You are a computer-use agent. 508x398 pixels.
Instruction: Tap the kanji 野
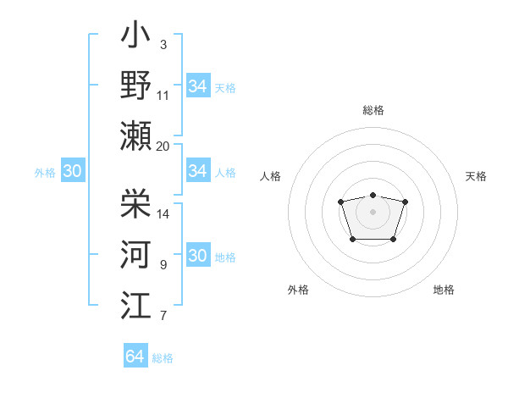click(x=136, y=86)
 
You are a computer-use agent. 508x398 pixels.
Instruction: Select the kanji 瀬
click(x=136, y=135)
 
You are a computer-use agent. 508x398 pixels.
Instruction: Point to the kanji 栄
click(x=136, y=204)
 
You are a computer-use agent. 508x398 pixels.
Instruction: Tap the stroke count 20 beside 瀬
click(x=163, y=146)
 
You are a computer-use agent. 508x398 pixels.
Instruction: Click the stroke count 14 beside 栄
click(x=163, y=214)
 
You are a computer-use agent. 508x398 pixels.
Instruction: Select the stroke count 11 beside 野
click(x=163, y=95)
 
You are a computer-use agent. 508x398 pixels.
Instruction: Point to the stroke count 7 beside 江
click(x=163, y=317)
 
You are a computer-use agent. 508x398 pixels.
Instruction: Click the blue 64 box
click(x=135, y=357)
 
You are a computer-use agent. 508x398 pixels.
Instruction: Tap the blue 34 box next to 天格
click(x=198, y=86)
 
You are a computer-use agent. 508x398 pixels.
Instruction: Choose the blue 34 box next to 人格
click(x=198, y=171)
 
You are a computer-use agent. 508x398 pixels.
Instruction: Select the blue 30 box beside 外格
click(x=72, y=171)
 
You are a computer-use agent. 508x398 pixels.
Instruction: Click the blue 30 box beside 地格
click(x=198, y=257)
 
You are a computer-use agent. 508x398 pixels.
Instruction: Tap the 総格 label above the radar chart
click(x=373, y=110)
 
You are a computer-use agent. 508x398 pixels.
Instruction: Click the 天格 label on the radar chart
click(x=476, y=176)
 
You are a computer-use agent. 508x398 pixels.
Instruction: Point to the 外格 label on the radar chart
click(x=298, y=290)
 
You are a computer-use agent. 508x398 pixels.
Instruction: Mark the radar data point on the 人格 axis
click(x=340, y=202)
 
